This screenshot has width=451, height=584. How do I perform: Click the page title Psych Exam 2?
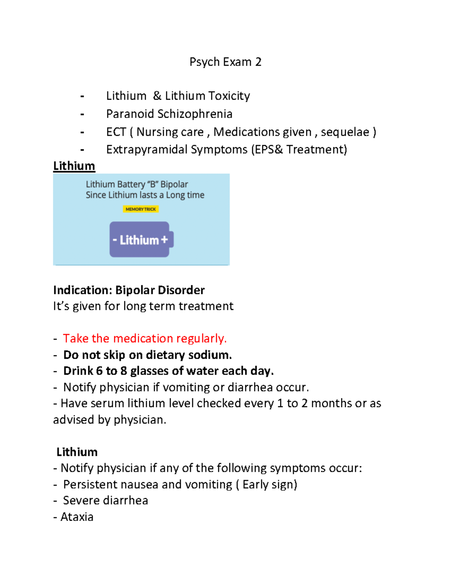coord(225,62)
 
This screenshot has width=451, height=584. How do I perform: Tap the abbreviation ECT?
coord(116,132)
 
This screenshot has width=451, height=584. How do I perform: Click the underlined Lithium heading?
coord(74,166)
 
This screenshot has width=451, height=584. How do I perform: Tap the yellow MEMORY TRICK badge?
coord(141,209)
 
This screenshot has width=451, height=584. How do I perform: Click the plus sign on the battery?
coord(164,240)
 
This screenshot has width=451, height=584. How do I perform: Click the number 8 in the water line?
coord(123,371)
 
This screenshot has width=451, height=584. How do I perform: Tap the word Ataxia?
coord(77,517)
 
